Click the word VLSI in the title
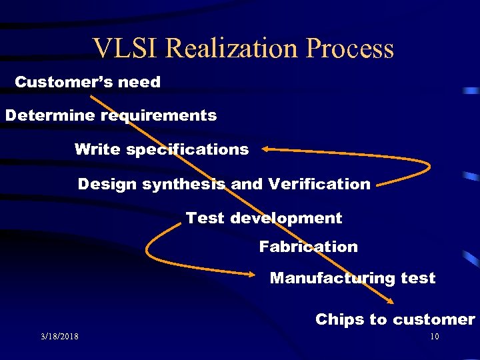125,49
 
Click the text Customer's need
88,82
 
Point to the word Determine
51,115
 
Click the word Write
97,149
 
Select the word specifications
187,150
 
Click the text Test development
264,218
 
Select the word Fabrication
308,247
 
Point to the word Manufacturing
333,279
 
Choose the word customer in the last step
433,319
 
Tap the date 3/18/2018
59,337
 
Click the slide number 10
434,337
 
